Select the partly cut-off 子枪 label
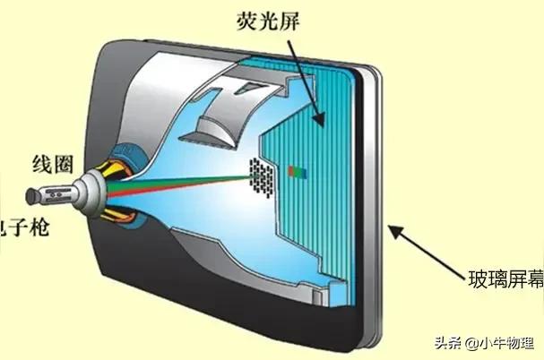[22, 227]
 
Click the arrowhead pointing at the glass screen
[391, 228]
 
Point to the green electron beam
[179, 184]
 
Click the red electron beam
[179, 178]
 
